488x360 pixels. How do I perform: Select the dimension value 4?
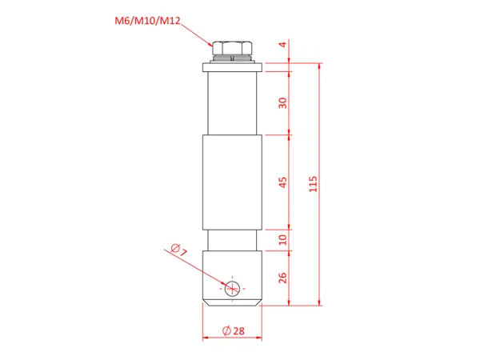tap(282, 46)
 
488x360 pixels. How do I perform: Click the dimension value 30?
tap(282, 102)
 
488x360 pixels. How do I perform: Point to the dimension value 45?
tap(282, 182)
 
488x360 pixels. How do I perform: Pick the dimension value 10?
tap(282, 238)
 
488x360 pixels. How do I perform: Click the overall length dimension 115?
tap(313, 184)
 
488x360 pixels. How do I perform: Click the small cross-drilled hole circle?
tap(232, 288)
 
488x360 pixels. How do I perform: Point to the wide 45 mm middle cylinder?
tap(231, 182)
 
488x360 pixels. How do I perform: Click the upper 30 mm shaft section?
tap(231, 102)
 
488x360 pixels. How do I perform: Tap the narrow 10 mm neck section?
tap(231, 239)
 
